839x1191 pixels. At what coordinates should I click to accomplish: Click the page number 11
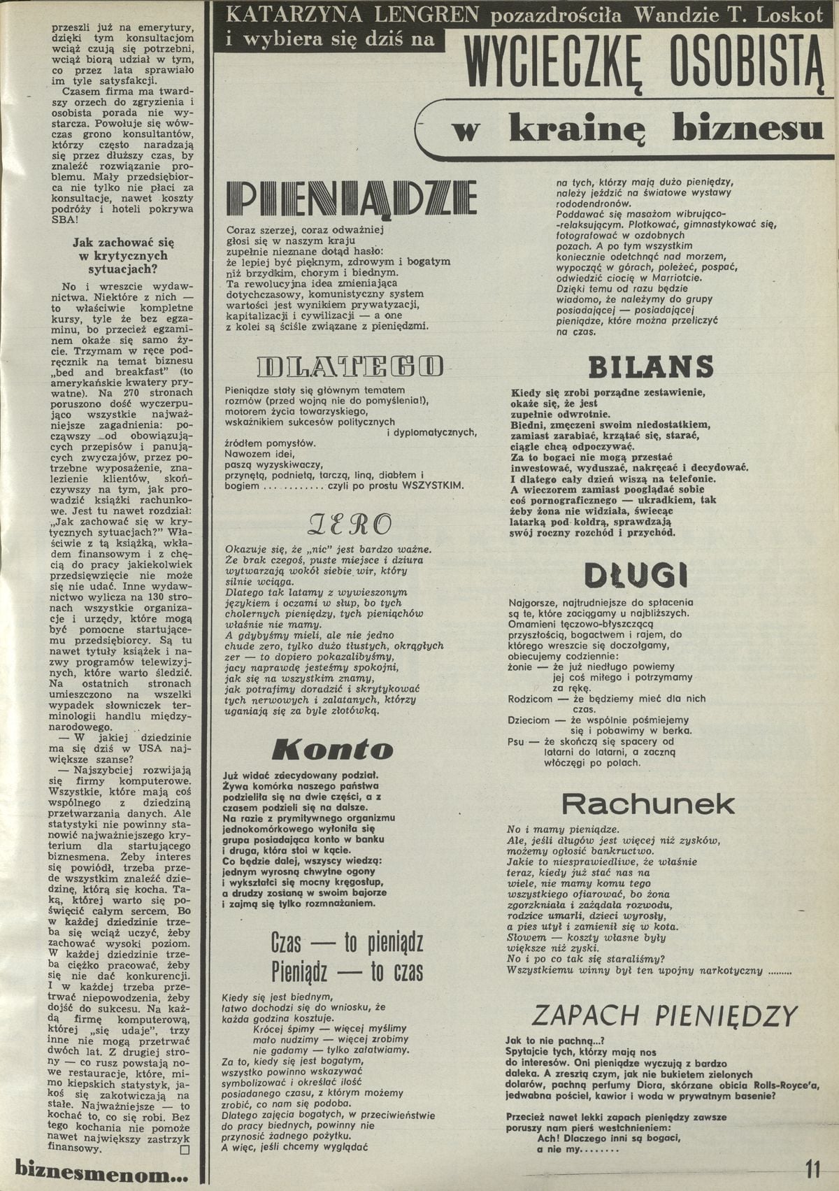(812, 1169)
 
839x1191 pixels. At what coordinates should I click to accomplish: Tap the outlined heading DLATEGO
(350, 365)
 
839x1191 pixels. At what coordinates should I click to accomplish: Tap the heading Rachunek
(648, 804)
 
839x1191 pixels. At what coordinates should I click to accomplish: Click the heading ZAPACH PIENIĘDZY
(664, 1015)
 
